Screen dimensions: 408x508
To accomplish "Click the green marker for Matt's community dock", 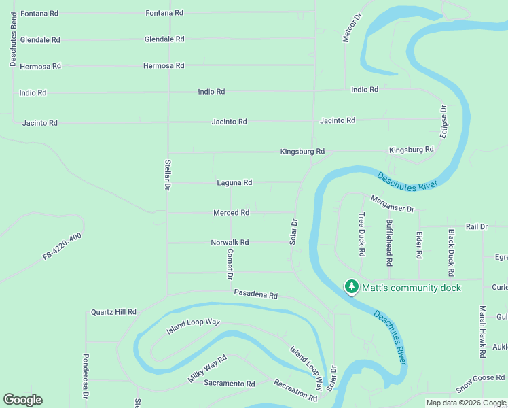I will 351,288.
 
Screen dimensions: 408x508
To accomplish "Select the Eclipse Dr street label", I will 443,122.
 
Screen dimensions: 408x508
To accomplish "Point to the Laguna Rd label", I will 234,183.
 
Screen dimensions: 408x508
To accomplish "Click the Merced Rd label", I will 231,213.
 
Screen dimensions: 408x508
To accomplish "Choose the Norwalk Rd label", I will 230,243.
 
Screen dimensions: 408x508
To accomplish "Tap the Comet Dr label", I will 230,265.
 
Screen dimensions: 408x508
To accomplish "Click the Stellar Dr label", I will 167,175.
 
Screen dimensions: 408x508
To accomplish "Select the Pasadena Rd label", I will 256,296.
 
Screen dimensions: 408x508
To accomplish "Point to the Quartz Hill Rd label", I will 113,312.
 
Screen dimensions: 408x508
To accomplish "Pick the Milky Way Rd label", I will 207,369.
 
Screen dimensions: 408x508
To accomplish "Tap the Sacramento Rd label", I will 229,384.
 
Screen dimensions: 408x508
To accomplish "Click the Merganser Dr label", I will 392,204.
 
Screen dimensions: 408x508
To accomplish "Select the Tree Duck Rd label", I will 362,235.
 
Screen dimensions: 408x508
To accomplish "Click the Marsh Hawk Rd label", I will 482,332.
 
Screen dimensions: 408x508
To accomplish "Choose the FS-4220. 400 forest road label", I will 62,246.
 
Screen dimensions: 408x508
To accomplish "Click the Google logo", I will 22,400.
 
